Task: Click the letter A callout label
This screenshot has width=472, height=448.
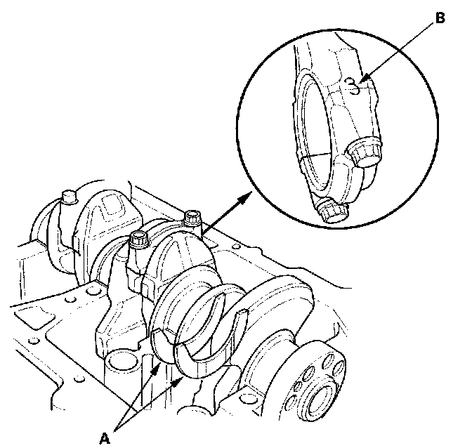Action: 105,437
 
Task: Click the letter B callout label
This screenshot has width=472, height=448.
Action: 440,19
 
